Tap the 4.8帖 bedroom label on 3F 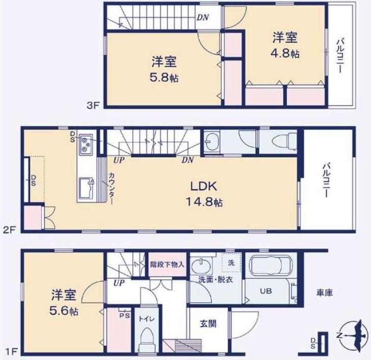tap(284, 45)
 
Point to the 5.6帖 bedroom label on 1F tap(63, 301)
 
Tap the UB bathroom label tap(265, 292)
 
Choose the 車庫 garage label tap(324, 293)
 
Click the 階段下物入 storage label tap(167, 264)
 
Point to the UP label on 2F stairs tap(120, 160)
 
